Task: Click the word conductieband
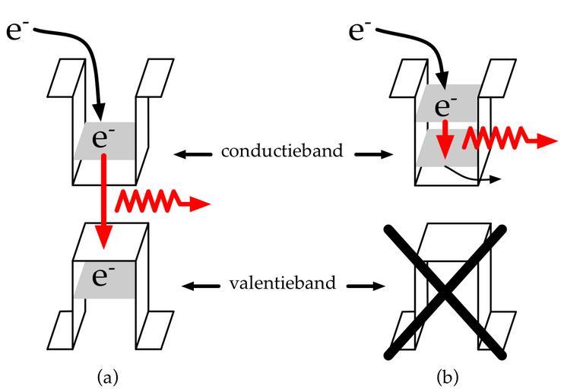pyautogui.click(x=282, y=151)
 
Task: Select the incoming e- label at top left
pyautogui.click(x=19, y=30)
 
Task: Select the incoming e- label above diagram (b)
pyautogui.click(x=360, y=30)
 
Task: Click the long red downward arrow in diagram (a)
pyautogui.click(x=104, y=201)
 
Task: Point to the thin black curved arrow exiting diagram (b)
pyautogui.click(x=474, y=176)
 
